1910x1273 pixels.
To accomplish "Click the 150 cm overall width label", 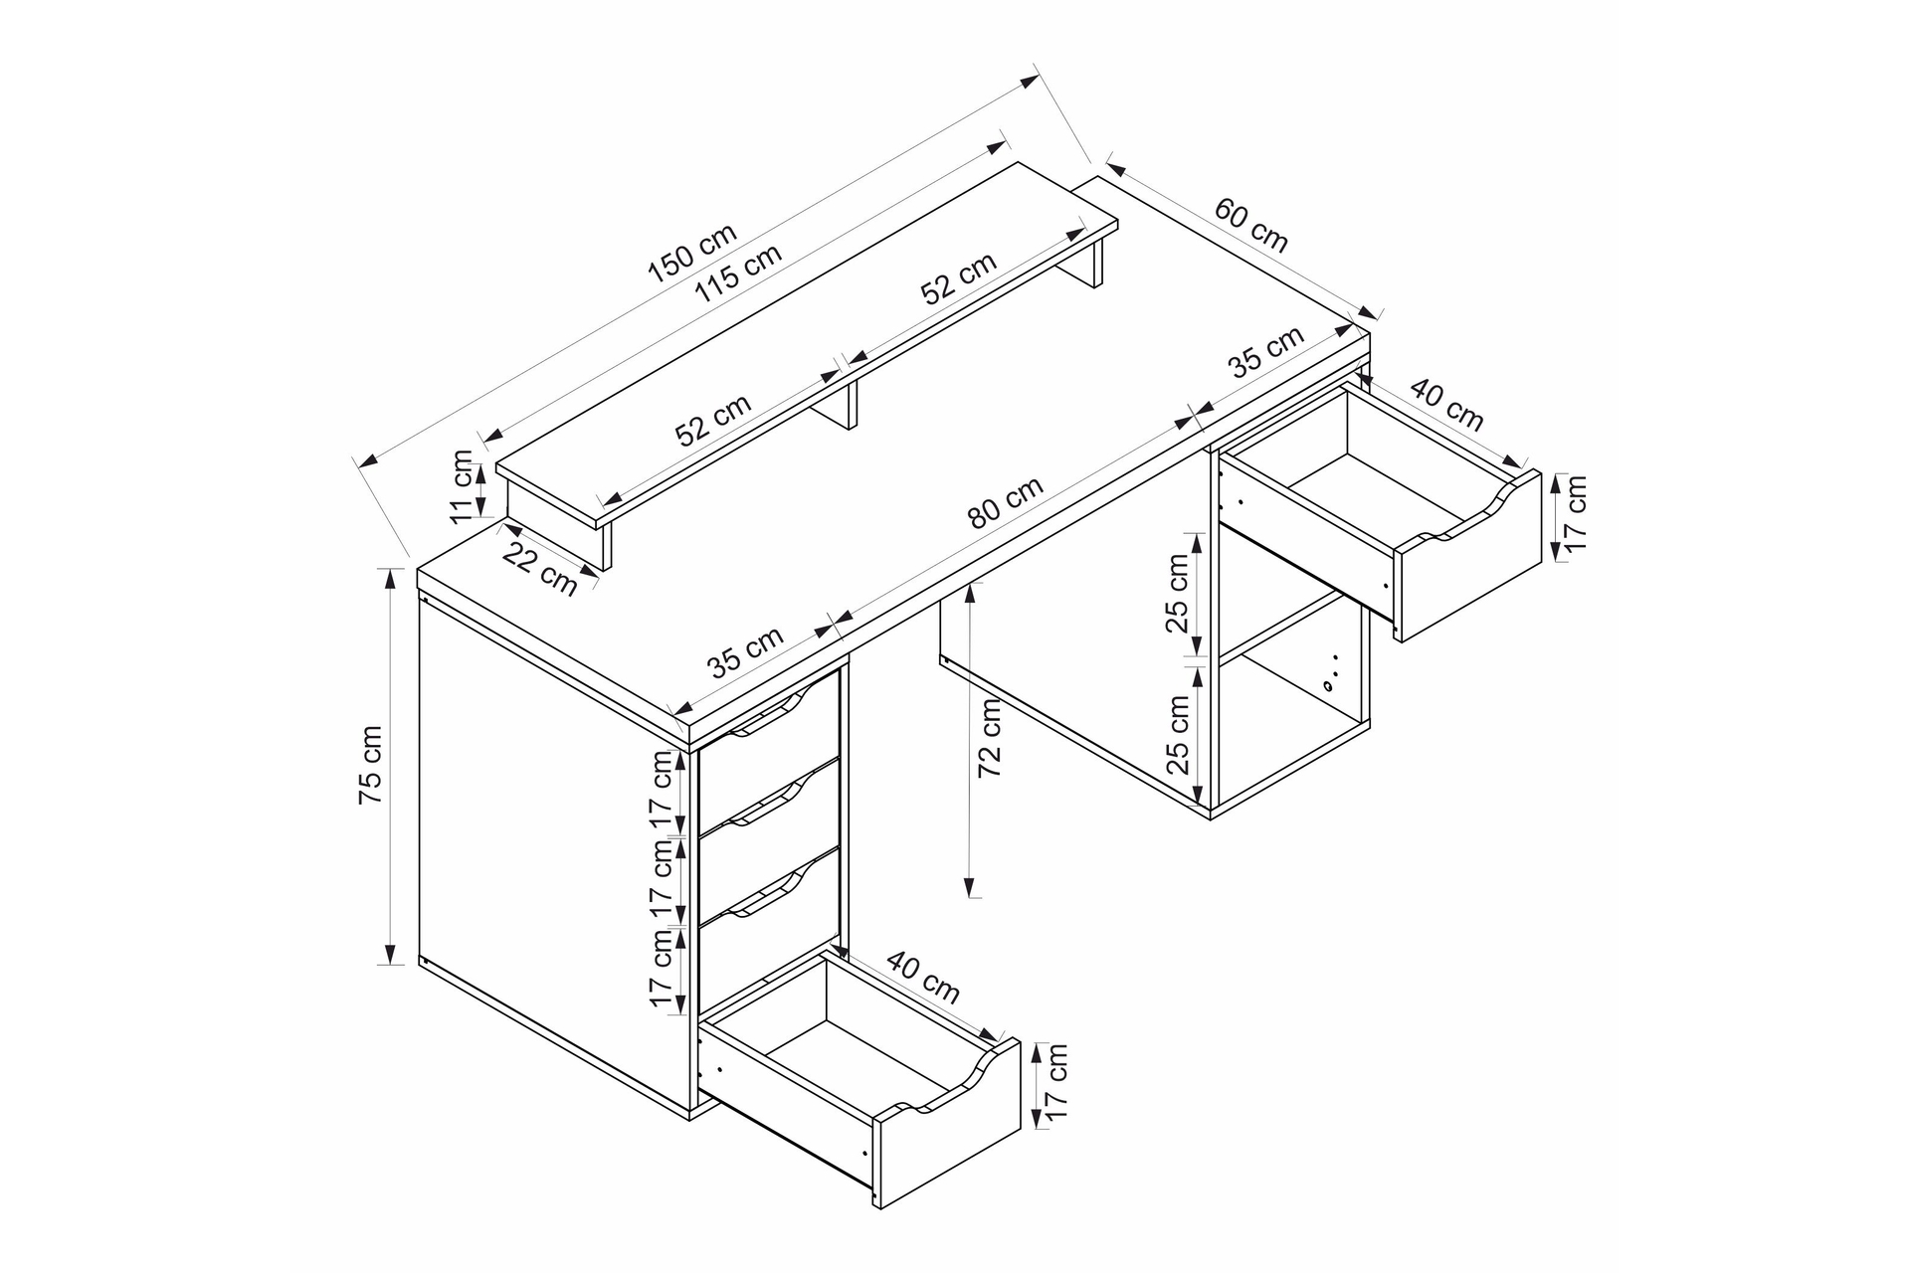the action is (x=693, y=254).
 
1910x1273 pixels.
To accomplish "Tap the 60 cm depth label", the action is (x=1251, y=225).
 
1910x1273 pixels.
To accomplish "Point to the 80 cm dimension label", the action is (x=1006, y=502).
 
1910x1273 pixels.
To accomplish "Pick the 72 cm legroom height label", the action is (x=990, y=738).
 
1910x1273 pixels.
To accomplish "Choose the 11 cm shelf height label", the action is (x=462, y=486).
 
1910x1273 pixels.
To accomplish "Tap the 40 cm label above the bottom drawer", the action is (x=923, y=977).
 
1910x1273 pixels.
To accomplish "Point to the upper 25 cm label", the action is (x=1177, y=594).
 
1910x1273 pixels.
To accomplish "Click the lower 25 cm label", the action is (x=1177, y=735).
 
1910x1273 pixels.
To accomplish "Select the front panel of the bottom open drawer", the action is (x=947, y=1123).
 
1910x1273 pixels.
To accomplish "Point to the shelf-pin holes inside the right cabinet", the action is (x=1331, y=671).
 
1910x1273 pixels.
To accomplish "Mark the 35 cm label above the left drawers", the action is (x=746, y=651).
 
